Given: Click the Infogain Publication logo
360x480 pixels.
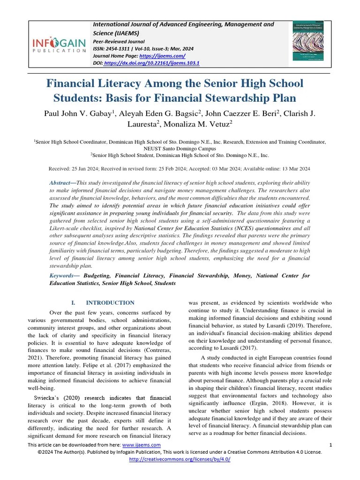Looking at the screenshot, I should tap(59, 45).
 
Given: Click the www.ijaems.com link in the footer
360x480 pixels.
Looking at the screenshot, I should tap(142, 445).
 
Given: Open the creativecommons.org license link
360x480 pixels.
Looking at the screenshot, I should tap(180, 459).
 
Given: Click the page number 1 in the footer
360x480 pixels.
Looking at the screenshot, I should tap(330, 445).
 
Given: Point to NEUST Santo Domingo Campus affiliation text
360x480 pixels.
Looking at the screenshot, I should tap(180, 148).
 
